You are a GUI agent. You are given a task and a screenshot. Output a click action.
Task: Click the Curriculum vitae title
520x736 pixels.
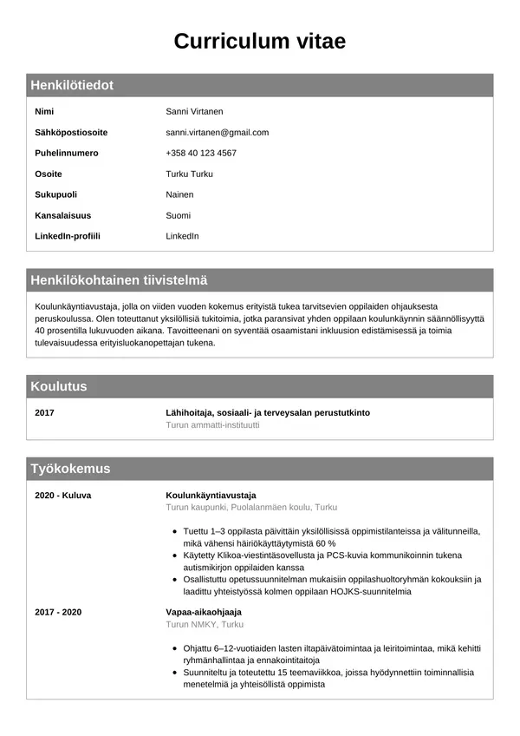[x=260, y=41]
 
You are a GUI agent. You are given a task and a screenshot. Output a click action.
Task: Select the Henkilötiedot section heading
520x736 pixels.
[x=72, y=85]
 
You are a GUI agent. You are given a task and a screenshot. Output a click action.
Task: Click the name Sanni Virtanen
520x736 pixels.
[x=194, y=112]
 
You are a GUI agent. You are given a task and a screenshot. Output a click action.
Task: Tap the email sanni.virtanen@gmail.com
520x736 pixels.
[x=217, y=133]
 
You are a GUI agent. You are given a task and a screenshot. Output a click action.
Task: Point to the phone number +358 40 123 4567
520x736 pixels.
[x=200, y=154]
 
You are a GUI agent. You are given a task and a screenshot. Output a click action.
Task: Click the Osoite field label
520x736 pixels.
[x=49, y=174]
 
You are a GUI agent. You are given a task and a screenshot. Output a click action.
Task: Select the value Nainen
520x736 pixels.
[x=179, y=195]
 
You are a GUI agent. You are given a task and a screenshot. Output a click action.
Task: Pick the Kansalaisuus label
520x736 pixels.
[x=62, y=215]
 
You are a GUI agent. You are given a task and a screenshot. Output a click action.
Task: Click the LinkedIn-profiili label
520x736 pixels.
[x=68, y=236]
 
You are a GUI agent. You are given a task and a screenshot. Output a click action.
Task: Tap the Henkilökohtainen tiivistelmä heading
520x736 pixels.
[x=119, y=280]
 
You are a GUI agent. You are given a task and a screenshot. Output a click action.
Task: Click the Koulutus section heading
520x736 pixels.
[x=59, y=386]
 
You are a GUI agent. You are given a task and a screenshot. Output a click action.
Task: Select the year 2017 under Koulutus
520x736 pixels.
[x=44, y=413]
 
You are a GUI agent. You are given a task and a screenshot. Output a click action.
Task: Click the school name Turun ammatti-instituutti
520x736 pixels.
[x=212, y=425]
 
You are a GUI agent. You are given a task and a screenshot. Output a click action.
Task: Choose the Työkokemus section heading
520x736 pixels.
[x=70, y=469]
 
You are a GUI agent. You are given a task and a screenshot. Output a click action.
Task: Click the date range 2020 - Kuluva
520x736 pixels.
[x=62, y=496]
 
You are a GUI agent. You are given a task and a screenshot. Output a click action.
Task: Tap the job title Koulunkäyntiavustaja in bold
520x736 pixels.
[x=205, y=496]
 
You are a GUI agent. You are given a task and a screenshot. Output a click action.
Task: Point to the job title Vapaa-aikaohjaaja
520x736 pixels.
[x=203, y=612]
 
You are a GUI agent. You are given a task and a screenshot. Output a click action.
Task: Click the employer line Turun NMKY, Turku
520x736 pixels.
[x=205, y=624]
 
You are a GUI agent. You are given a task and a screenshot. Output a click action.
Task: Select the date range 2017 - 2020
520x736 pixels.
[x=58, y=612]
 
